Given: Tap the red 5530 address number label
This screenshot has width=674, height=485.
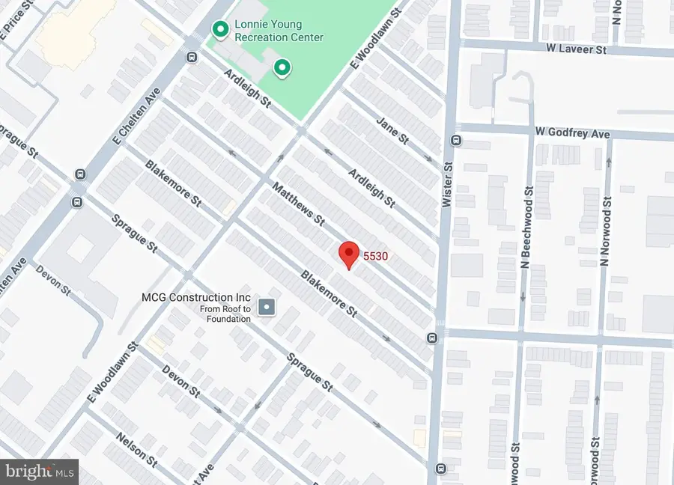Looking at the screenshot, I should [375, 256].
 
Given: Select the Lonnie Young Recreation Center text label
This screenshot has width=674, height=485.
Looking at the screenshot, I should [279, 31].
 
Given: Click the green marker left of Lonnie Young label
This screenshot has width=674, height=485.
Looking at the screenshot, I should [219, 29].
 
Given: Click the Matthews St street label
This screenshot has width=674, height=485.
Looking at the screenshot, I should [298, 204].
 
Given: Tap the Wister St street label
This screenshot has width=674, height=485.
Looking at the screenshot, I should [449, 184].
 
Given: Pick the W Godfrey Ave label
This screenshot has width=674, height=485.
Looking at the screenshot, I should [573, 133].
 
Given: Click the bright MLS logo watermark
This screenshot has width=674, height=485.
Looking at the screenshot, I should [39, 472].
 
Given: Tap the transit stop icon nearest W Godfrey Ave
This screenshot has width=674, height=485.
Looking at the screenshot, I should [455, 140].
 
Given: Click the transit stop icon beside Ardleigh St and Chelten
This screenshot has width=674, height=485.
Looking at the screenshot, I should [192, 58].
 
